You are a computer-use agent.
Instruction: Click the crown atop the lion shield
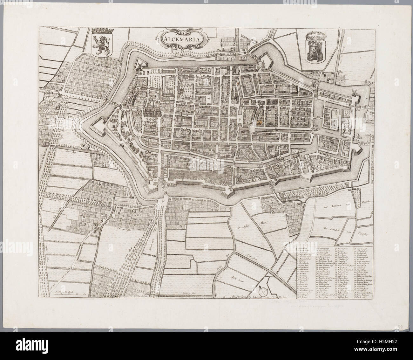tap(101, 32)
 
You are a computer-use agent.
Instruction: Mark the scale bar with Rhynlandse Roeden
tap(66, 293)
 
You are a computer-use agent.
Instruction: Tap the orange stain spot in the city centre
tap(260, 121)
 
